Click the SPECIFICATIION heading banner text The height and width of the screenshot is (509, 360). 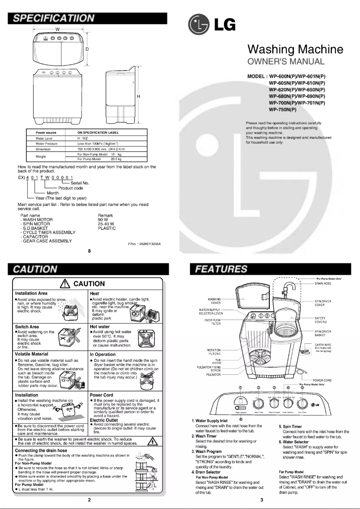tap(53, 18)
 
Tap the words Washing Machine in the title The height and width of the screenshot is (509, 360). tap(295, 49)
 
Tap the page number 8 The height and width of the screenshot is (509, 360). tap(90, 251)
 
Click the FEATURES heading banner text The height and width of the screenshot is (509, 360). tap(220, 269)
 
